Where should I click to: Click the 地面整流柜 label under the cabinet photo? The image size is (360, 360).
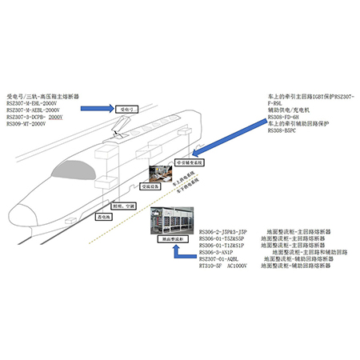pos(174,239)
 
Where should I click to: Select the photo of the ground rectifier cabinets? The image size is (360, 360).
pos(174,221)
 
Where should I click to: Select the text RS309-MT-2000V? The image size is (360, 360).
pos(29,125)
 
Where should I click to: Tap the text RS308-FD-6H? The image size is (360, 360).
pos(287,117)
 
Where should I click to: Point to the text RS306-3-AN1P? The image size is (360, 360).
pos(222,251)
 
